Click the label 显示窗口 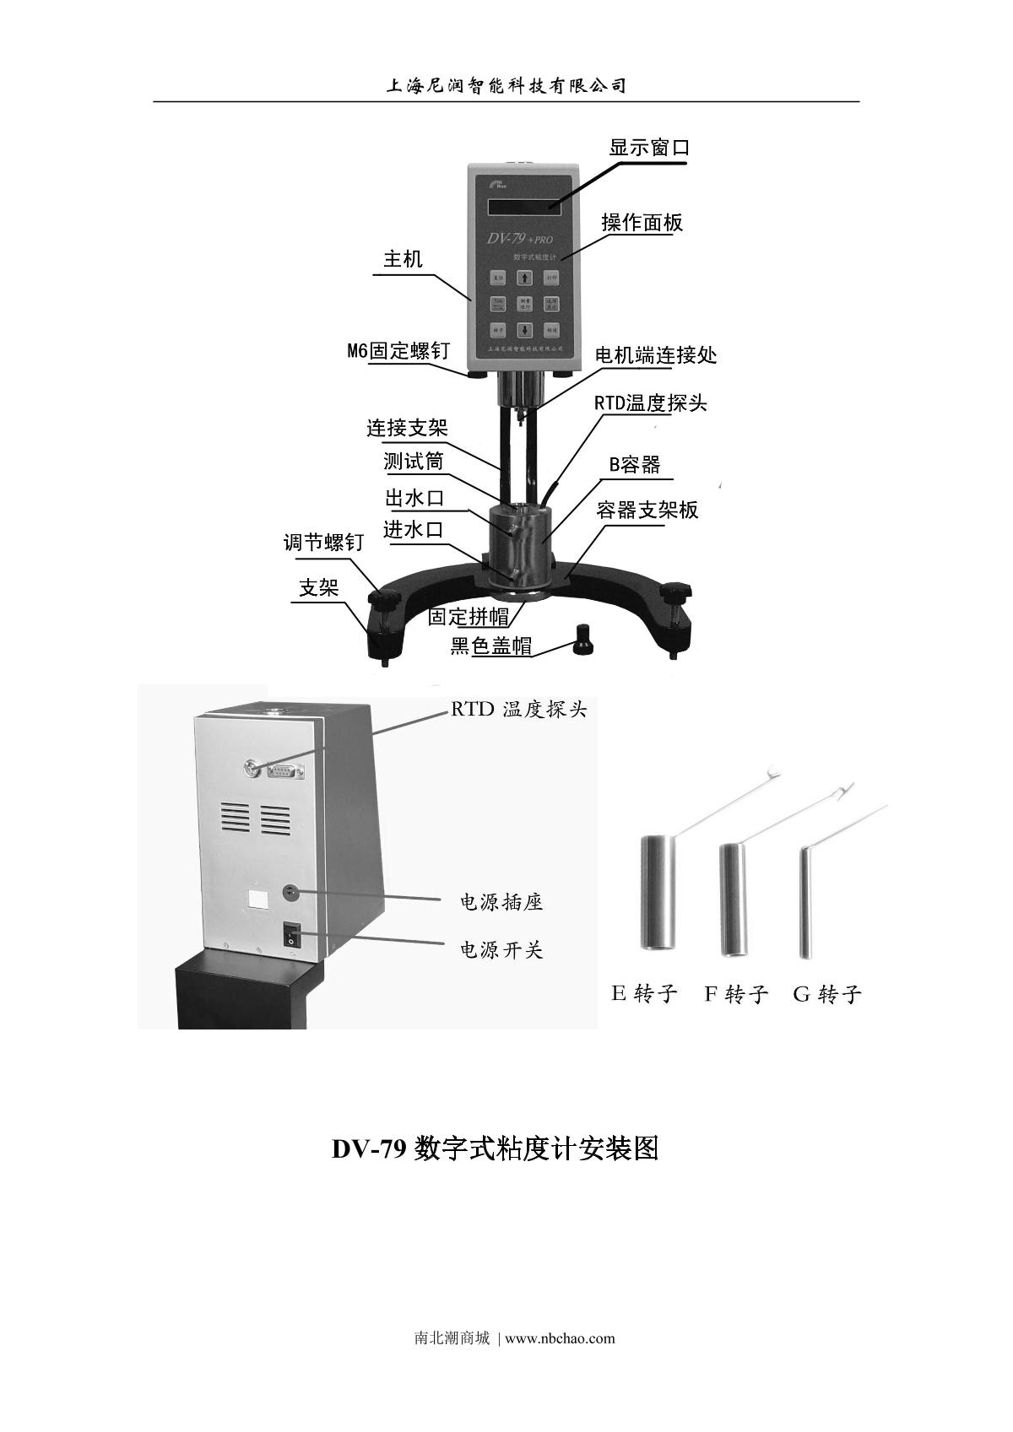(649, 148)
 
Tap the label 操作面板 (642, 223)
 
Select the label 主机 (403, 259)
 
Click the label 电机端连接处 (656, 355)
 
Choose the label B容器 (635, 465)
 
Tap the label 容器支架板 (647, 511)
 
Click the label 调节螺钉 (323, 543)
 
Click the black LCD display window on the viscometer (524, 206)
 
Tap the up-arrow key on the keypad (524, 277)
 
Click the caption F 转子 (736, 994)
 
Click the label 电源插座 (501, 903)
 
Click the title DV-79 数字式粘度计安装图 (495, 1148)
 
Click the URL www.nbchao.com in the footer (560, 1338)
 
